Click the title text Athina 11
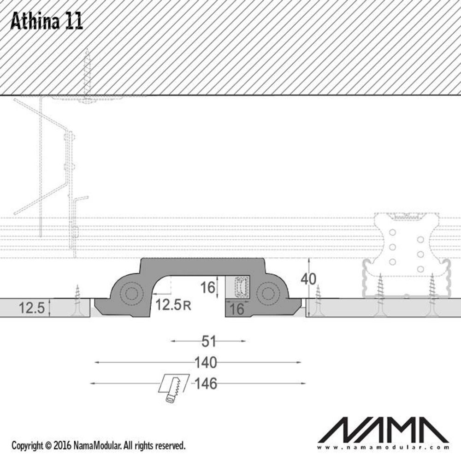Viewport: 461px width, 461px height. pyautogui.click(x=47, y=21)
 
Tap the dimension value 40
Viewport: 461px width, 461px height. pyautogui.click(x=309, y=278)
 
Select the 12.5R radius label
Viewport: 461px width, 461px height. pyautogui.click(x=170, y=305)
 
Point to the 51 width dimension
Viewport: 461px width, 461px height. pyautogui.click(x=209, y=341)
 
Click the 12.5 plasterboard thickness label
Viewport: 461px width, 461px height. pyautogui.click(x=32, y=307)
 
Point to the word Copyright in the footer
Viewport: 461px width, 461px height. pyautogui.click(x=27, y=446)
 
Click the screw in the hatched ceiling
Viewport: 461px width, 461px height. pyautogui.click(x=88, y=76)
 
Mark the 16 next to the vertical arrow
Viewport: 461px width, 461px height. pyautogui.click(x=208, y=288)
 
